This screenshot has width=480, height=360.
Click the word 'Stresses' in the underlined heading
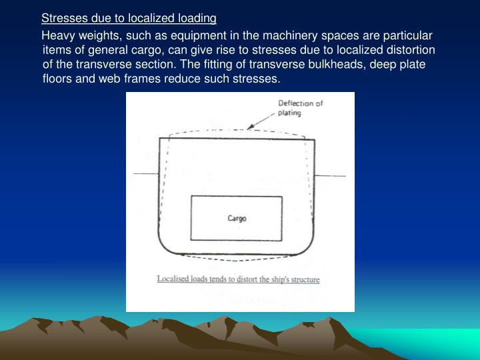pos(62,18)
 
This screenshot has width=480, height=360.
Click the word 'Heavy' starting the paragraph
pos(57,35)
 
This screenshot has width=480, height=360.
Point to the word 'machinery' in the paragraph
pos(285,35)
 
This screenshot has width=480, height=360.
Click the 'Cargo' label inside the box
pos(237,219)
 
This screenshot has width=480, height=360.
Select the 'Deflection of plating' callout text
pos(300,108)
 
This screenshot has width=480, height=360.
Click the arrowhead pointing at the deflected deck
pos(249,127)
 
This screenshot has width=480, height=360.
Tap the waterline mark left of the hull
pos(145,174)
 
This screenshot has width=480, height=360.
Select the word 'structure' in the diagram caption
pos(303,279)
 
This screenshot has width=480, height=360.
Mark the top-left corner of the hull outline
pos(159,138)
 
